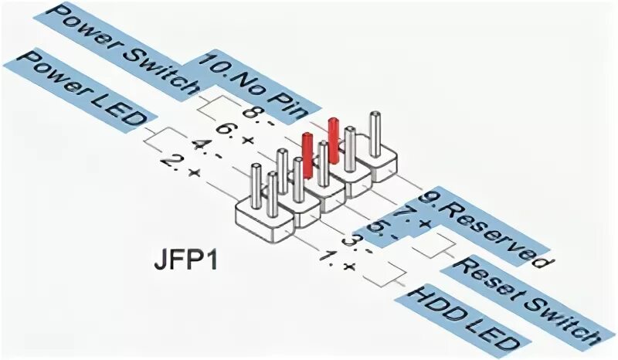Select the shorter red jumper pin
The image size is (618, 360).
coord(307,154)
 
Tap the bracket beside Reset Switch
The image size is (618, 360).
coord(441,246)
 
